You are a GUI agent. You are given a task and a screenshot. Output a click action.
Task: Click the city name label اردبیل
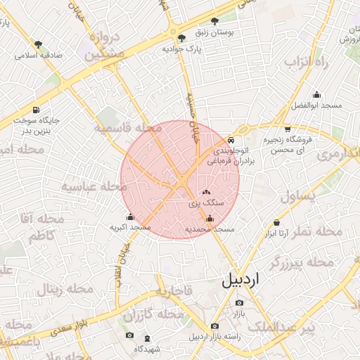point(240,280)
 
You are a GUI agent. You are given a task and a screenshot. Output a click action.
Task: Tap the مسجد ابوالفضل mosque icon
point(317,95)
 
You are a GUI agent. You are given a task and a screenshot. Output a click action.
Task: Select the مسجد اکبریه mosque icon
point(130,217)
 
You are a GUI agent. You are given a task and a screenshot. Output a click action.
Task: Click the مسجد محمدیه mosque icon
point(210,218)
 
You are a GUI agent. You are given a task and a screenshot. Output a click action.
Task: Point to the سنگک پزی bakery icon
point(206,192)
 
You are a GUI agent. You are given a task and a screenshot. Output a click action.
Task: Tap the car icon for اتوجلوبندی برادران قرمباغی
point(231,140)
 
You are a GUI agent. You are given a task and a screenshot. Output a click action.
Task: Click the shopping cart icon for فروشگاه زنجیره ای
point(288,129)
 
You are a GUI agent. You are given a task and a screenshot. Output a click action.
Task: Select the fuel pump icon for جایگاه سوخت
point(36,110)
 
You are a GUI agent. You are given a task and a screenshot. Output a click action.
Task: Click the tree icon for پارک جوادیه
point(182,38)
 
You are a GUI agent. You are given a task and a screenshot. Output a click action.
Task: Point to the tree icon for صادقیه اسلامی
point(38,44)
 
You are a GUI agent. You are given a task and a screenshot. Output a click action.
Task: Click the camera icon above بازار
point(240,303)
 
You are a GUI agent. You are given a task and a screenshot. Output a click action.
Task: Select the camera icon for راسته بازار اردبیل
point(214,326)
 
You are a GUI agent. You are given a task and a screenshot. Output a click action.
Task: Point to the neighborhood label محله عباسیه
point(94,186)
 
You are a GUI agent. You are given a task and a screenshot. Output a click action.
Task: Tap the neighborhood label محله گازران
point(166,312)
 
